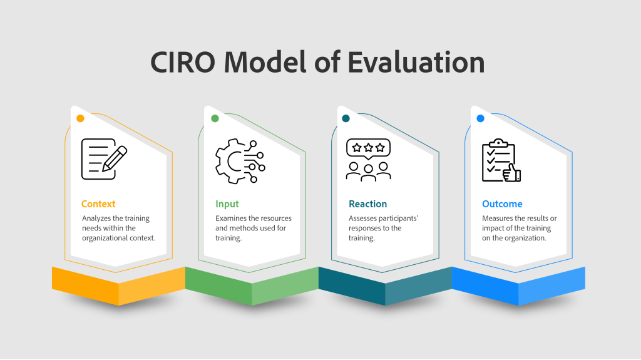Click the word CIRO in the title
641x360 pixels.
point(183,62)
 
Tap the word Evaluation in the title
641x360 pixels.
point(416,62)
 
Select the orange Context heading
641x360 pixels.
point(98,203)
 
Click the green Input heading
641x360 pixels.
point(227,204)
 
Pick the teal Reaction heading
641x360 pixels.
point(367,203)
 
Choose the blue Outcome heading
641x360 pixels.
point(502,203)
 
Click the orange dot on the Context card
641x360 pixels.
point(80,118)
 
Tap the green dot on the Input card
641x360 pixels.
point(215,118)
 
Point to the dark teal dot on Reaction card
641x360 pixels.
point(346,118)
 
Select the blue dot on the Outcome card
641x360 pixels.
point(480,118)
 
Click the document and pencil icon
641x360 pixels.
point(105,159)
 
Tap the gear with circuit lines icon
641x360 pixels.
point(240,161)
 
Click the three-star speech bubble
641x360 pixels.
point(368,149)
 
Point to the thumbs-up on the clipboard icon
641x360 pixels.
point(511,173)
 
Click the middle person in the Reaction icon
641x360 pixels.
point(368,173)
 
